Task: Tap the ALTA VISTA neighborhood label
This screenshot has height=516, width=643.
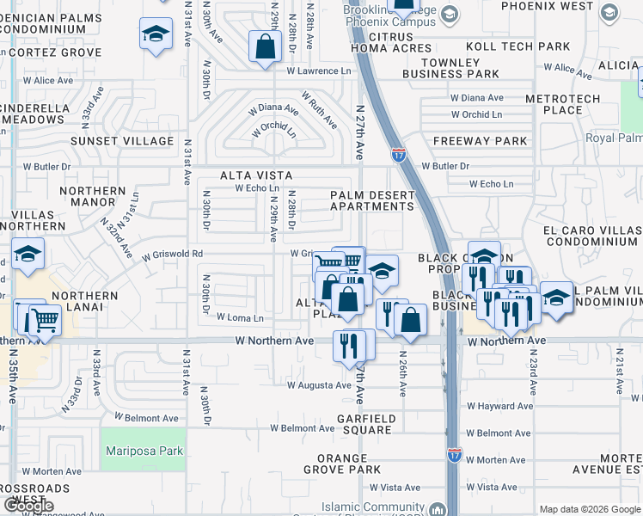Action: (251, 175)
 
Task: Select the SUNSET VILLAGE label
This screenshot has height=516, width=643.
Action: (122, 141)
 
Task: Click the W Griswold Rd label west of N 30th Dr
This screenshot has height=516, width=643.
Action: (173, 255)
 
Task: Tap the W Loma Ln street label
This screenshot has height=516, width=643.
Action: (240, 317)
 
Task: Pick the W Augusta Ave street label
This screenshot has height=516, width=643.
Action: (319, 385)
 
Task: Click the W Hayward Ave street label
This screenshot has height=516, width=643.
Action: (499, 406)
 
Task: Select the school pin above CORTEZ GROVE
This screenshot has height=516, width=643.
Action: (156, 34)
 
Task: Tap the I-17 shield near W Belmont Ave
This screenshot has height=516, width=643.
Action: (454, 454)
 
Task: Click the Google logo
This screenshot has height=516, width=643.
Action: (28, 506)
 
